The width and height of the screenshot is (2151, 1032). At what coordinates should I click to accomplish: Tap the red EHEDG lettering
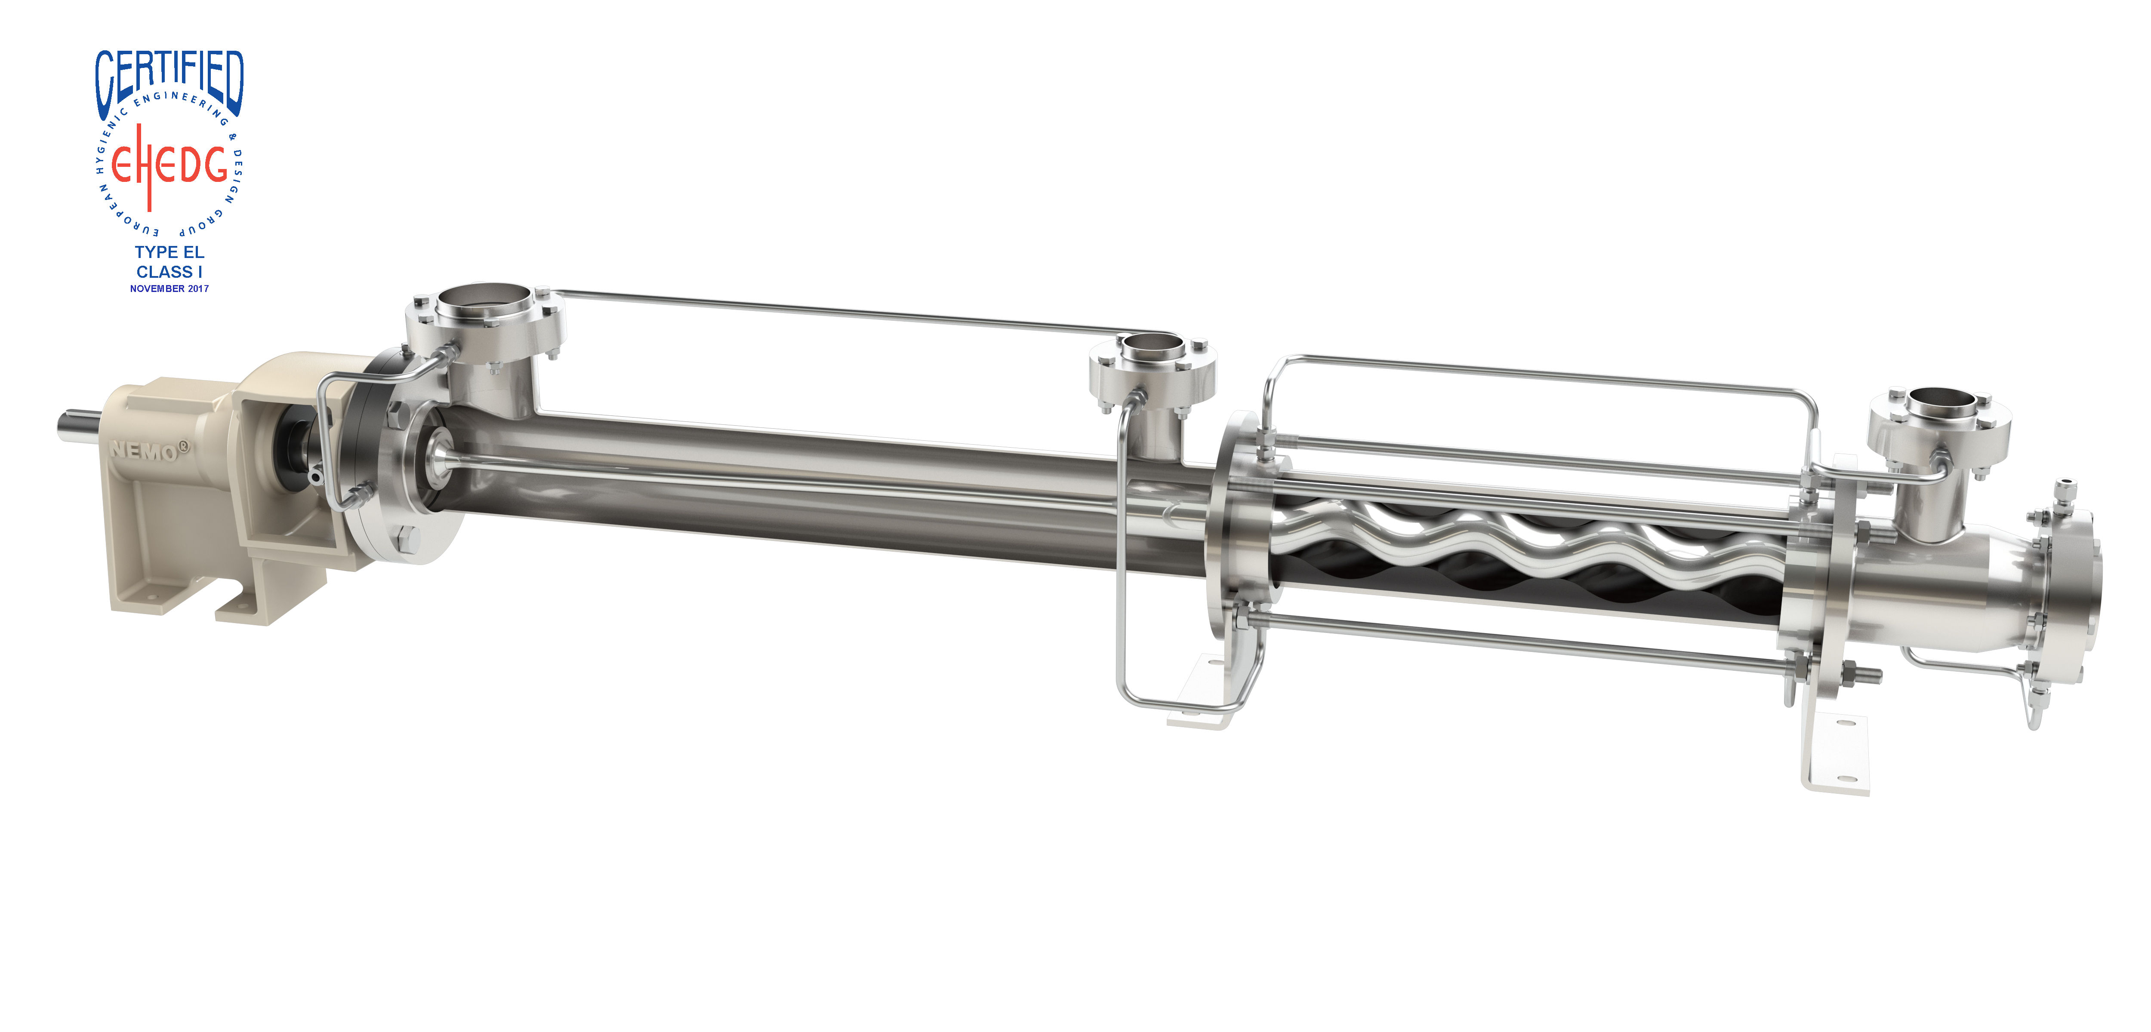tap(169, 165)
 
